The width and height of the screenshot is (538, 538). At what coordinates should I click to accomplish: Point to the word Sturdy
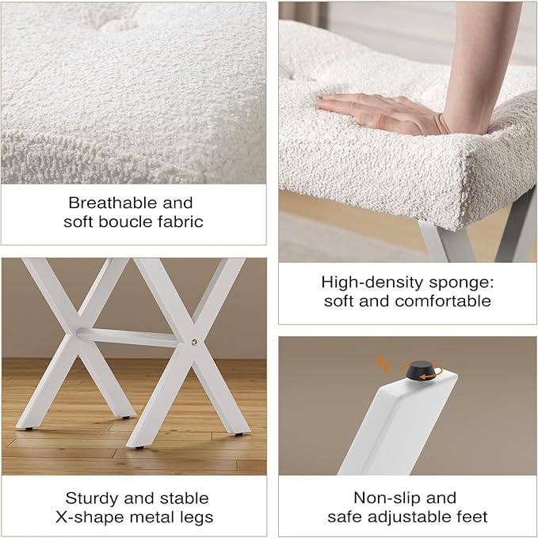click(92, 498)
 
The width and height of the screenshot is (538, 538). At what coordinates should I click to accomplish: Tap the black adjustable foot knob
click(418, 370)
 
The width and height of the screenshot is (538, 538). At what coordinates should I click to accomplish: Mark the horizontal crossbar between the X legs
click(131, 338)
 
